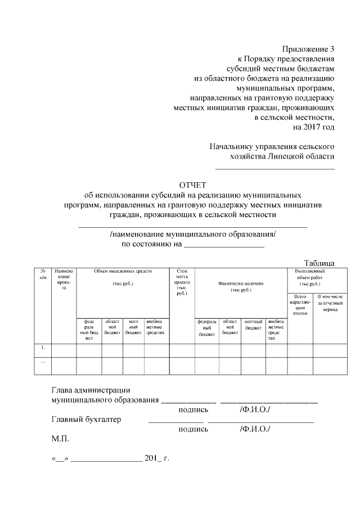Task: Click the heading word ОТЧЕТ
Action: click(x=193, y=185)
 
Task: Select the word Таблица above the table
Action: click(x=319, y=263)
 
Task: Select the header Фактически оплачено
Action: click(x=241, y=286)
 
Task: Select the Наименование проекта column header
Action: click(x=64, y=280)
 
